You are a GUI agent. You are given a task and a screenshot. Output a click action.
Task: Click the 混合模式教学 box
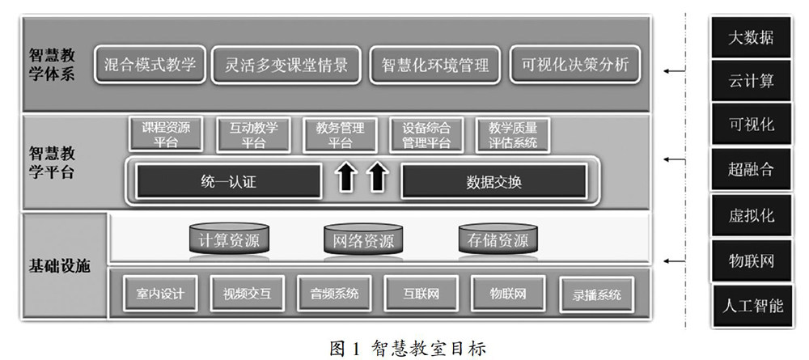(150, 66)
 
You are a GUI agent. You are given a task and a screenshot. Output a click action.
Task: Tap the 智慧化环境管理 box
(435, 66)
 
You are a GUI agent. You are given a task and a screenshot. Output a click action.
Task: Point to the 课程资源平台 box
(165, 135)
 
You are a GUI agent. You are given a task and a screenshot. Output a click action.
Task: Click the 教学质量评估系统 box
(513, 135)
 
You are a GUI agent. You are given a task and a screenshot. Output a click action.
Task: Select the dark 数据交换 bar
(494, 181)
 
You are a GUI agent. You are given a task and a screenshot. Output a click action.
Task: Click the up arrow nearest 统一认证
(345, 178)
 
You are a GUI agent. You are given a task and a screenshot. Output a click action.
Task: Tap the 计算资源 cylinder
(229, 240)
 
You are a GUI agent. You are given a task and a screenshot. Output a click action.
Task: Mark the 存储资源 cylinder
(498, 240)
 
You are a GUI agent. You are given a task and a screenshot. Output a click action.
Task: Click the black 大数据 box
(752, 36)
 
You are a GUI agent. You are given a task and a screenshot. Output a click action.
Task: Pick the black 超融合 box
(752, 170)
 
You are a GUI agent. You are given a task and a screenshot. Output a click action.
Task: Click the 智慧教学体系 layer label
(52, 65)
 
